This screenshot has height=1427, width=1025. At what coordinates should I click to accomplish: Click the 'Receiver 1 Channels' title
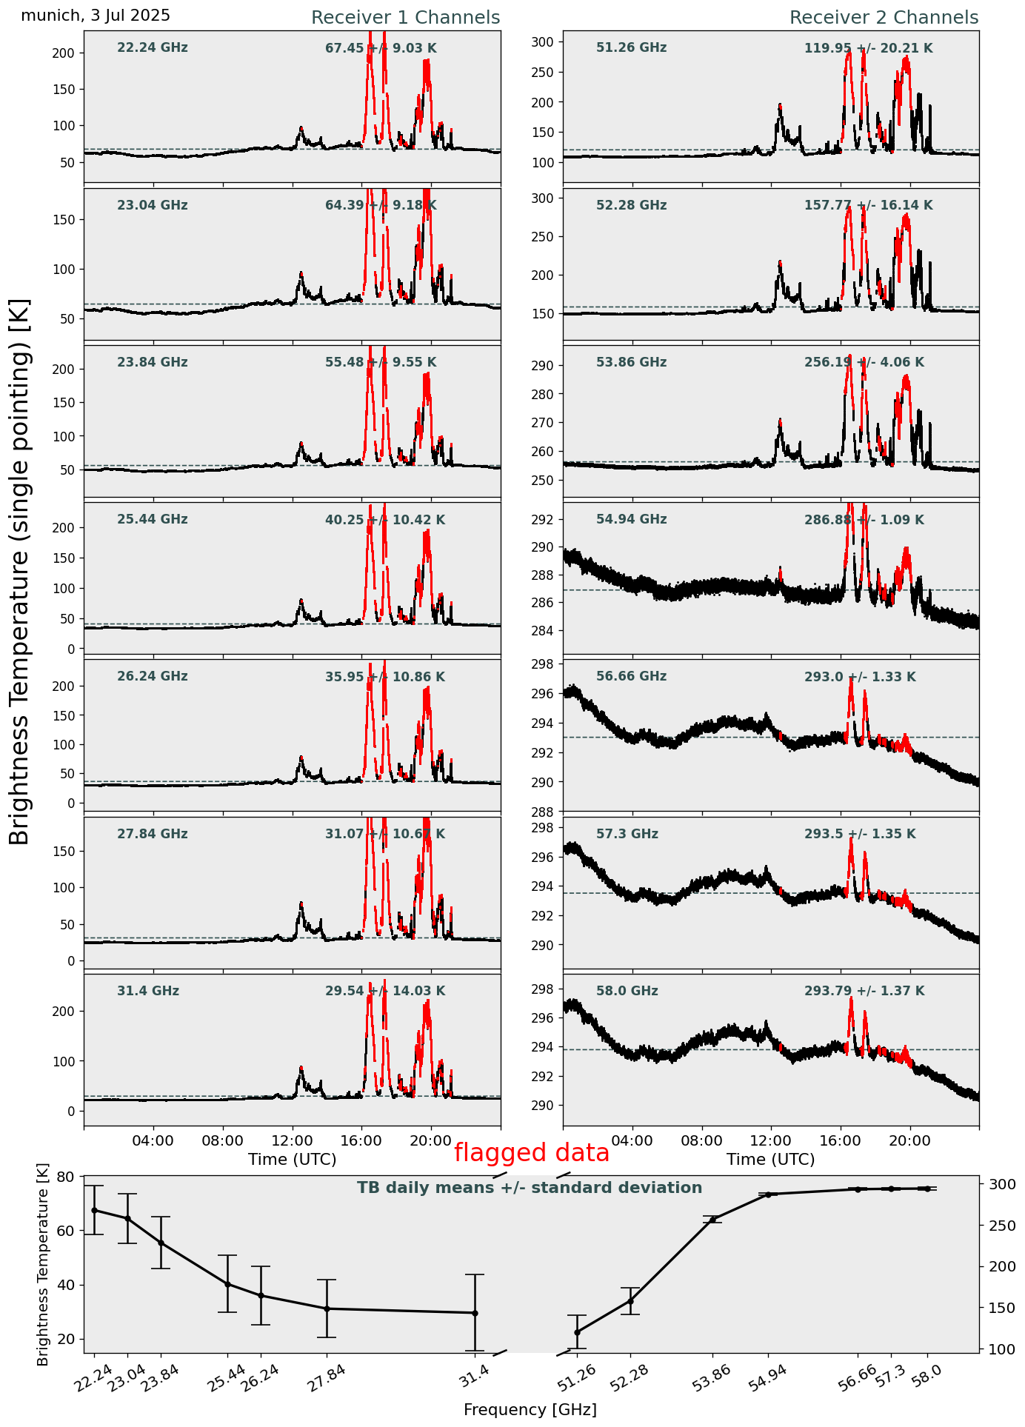point(405,18)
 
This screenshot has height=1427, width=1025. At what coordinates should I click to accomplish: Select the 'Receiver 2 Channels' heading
point(884,18)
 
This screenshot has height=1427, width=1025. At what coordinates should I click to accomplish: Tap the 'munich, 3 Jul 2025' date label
point(96,16)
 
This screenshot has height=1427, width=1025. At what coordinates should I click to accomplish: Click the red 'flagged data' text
point(531,1153)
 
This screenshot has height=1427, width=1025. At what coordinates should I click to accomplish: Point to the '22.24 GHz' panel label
point(153,48)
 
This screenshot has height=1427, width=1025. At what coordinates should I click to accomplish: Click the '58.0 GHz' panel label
point(627,991)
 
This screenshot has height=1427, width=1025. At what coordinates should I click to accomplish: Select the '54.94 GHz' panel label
point(631,520)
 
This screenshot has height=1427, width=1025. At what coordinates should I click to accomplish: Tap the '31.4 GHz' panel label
point(148,991)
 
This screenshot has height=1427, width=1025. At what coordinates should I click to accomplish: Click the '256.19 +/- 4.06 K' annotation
point(864,363)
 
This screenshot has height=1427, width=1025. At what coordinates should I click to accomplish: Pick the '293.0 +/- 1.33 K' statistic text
point(859,677)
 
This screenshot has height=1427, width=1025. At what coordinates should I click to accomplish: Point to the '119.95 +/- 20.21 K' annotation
point(868,49)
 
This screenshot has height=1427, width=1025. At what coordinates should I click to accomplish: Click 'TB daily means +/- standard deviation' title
point(530,1188)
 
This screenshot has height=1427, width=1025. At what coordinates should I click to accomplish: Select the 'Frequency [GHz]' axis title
point(530,1409)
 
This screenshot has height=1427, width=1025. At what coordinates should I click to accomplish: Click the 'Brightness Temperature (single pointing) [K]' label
point(20,571)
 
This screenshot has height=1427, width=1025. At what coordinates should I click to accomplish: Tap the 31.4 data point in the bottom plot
point(475,1313)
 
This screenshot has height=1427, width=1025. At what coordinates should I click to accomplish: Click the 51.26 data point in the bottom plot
point(577,1332)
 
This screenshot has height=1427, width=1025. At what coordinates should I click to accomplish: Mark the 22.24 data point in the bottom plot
point(94,1210)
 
